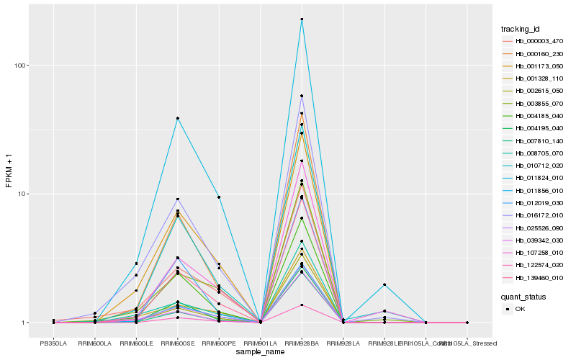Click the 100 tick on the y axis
click(x=20, y=66)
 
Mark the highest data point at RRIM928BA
click(x=302, y=19)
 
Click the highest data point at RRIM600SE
click(x=177, y=118)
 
